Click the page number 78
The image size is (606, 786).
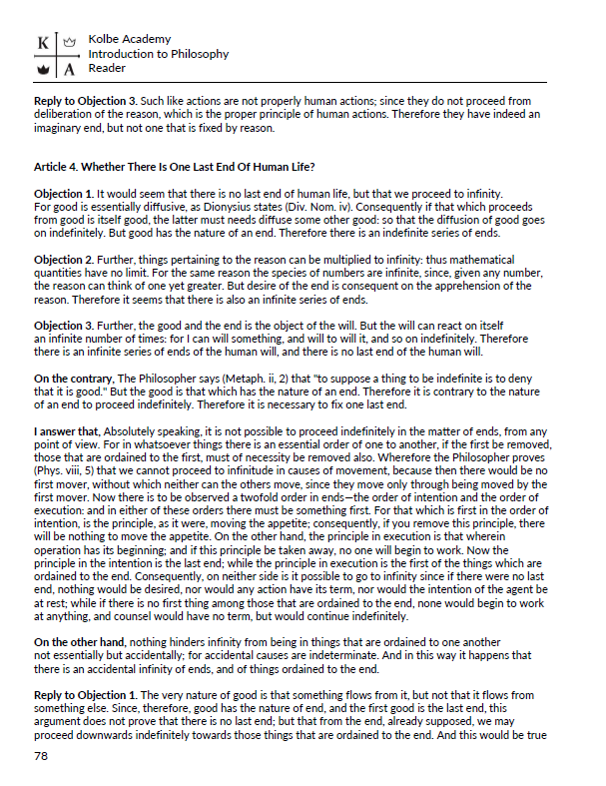coord(41,756)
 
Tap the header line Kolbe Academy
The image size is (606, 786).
coord(129,39)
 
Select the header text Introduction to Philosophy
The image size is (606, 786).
coord(158,54)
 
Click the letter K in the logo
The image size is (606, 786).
coord(42,44)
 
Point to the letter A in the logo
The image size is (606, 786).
coord(68,70)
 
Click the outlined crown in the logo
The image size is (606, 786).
coord(68,44)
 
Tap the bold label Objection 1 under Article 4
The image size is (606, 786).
coord(64,192)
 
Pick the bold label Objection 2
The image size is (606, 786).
coord(64,258)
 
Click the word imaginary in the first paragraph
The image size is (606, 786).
coord(63,127)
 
